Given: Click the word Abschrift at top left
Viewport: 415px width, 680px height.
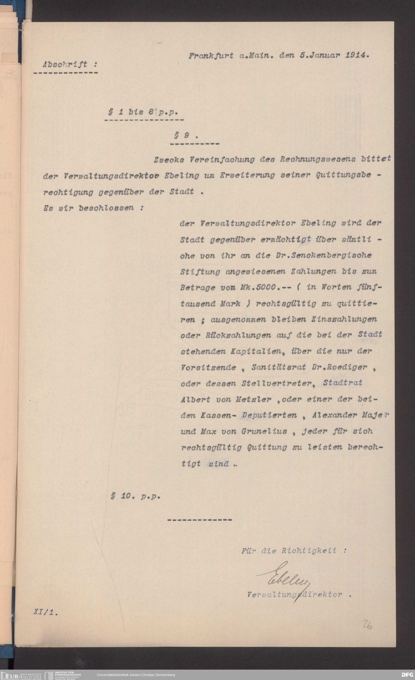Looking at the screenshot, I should (65, 65).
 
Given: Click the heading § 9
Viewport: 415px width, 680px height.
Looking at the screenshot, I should (186, 136).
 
